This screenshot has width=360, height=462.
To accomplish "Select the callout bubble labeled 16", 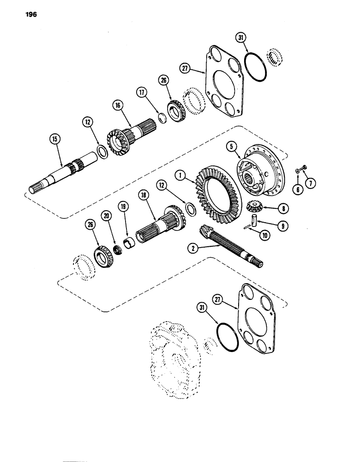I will click(114, 105).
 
